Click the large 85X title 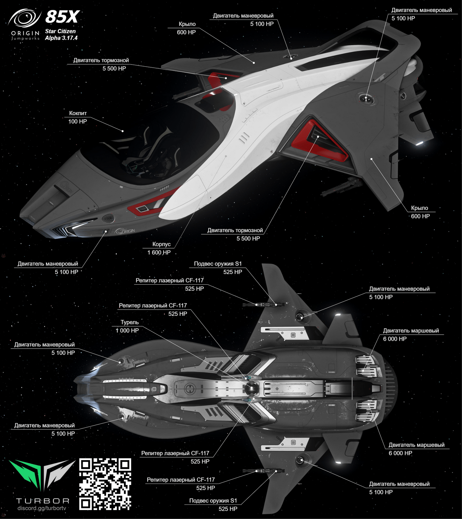tap(62, 17)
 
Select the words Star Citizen tap(60, 31)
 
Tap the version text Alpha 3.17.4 tap(61, 38)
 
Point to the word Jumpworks tap(25, 38)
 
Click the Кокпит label tap(78, 113)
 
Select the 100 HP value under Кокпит tap(77, 121)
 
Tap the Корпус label tap(162, 244)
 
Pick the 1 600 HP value tap(159, 252)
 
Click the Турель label tap(130, 322)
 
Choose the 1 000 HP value tap(127, 330)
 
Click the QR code tap(105, 484)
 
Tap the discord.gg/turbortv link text tap(42, 508)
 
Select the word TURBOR tap(43, 501)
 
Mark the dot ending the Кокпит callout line tap(123, 131)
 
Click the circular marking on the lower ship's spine tap(190, 389)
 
